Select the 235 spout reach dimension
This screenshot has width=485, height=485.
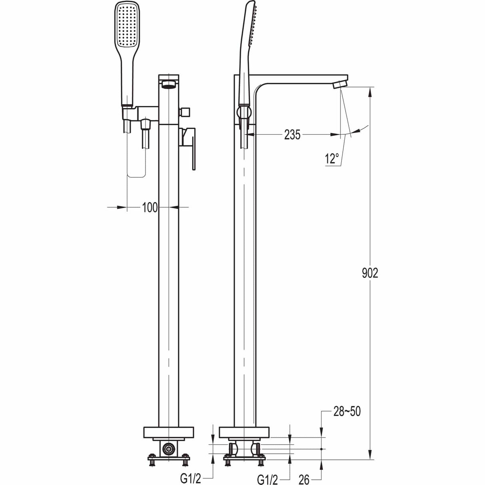coord(292,135)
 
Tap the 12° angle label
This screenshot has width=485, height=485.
coord(331,159)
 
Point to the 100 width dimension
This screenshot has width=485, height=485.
coord(149,207)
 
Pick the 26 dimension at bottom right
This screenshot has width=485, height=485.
coord(304,479)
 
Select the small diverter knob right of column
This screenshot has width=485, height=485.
coord(185,111)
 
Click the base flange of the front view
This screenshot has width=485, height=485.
coord(168,433)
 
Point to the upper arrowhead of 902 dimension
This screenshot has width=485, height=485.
coord(371,91)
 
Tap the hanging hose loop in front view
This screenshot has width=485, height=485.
coord(136,160)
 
